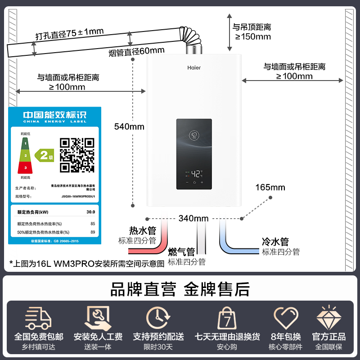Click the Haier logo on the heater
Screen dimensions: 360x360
tap(194, 68)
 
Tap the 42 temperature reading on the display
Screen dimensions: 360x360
tap(196, 173)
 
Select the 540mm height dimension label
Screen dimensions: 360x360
tap(129, 126)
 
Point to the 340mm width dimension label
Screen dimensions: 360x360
tap(193, 219)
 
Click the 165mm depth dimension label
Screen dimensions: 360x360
tap(270, 187)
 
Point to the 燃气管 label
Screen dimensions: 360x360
tap(181, 252)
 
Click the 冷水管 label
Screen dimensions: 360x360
tap(275, 242)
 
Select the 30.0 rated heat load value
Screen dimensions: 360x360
tap(90, 211)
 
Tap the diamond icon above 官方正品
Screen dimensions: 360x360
tap(328, 317)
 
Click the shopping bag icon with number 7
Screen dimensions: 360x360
tap(227, 318)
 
